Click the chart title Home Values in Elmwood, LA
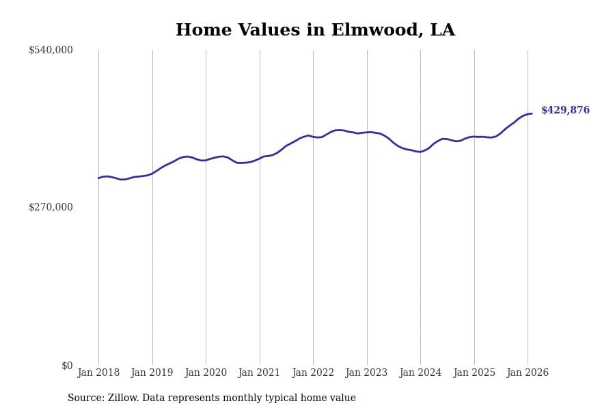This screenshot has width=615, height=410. point(315,31)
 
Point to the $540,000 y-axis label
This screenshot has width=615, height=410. point(51,50)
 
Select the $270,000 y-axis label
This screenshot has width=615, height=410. point(51,207)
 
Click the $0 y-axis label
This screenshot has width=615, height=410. point(66,366)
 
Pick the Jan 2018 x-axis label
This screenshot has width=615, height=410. point(98,373)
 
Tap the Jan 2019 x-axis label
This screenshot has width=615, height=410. point(152,373)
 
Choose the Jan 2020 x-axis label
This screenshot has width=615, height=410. point(206,373)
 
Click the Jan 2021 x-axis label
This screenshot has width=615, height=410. point(260,373)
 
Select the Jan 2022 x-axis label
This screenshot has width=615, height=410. point(313,373)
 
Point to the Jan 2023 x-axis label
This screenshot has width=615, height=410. point(367,373)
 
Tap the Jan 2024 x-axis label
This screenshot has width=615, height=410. point(420,373)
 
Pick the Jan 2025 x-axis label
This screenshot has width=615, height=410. point(474,373)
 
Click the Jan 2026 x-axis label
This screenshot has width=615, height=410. point(528,373)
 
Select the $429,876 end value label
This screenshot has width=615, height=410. point(565,111)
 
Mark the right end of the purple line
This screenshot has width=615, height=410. point(532,113)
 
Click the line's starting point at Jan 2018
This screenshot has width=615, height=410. point(98,178)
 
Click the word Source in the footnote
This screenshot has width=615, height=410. point(85,398)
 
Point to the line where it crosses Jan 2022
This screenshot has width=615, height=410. point(313,137)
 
